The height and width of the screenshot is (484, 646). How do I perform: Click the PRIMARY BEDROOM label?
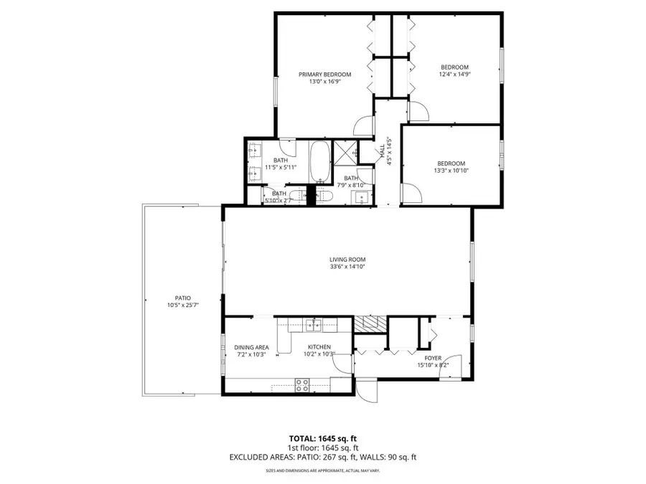coord(325,75)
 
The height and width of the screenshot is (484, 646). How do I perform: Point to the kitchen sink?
coord(313,325)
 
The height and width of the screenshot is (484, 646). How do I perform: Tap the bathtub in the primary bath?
coord(319,162)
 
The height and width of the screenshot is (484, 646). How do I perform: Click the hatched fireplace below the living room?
coord(370,323)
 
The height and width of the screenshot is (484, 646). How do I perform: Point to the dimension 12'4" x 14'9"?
coord(454,74)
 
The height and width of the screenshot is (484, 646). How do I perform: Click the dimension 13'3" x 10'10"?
coord(451,171)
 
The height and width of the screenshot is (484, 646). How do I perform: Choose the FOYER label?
coord(432,358)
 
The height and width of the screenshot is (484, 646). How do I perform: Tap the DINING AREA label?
coord(252,347)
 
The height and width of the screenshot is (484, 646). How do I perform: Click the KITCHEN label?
coord(319,347)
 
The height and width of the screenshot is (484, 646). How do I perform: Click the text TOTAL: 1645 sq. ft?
coord(322,437)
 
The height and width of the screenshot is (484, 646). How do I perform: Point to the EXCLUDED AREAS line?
coord(322,456)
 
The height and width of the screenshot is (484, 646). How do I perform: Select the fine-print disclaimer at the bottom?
coord(322,470)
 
